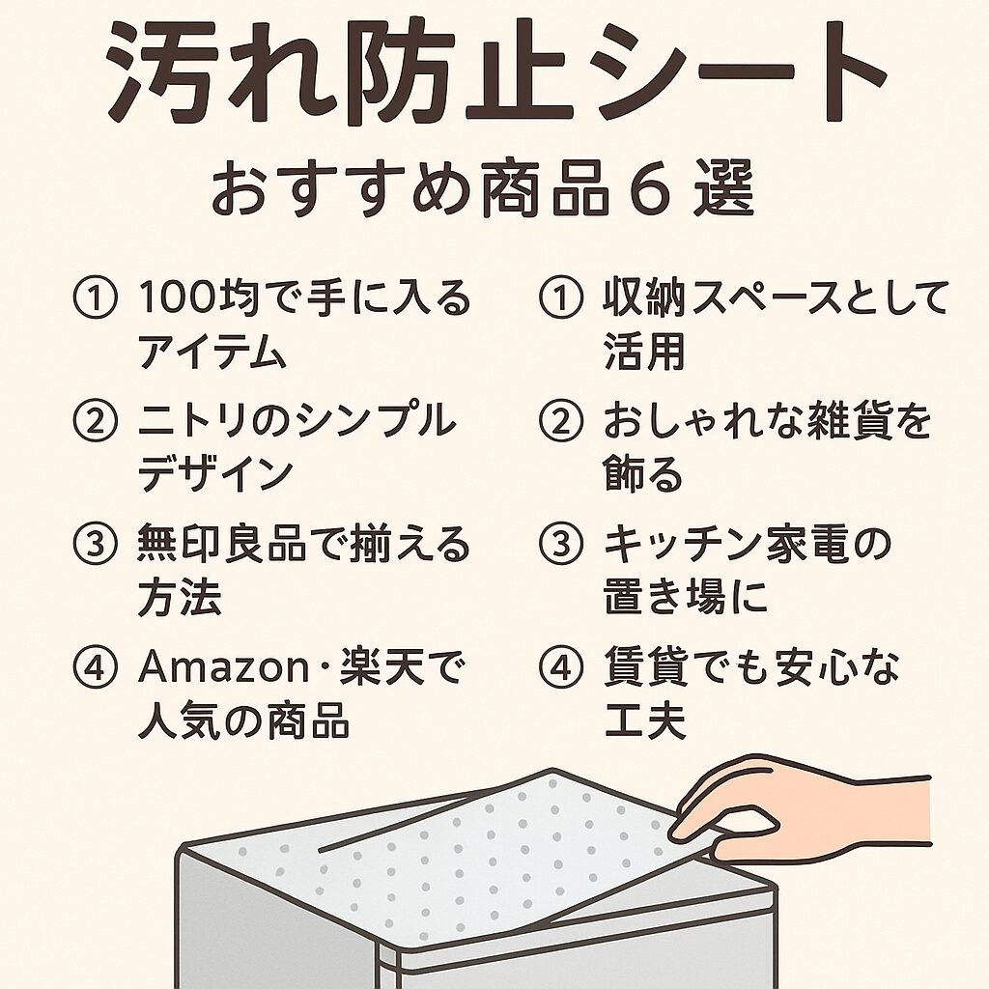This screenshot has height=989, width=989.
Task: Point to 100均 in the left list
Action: (x=199, y=297)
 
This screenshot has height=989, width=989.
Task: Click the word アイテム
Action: (x=212, y=351)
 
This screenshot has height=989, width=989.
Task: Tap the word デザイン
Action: (x=215, y=473)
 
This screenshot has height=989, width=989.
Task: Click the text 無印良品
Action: (x=222, y=545)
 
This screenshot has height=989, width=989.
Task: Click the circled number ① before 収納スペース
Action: (x=561, y=297)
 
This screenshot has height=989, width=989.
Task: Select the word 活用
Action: (x=644, y=351)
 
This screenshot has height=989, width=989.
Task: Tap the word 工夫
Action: (x=644, y=721)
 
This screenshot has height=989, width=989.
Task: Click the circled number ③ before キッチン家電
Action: (x=561, y=545)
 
